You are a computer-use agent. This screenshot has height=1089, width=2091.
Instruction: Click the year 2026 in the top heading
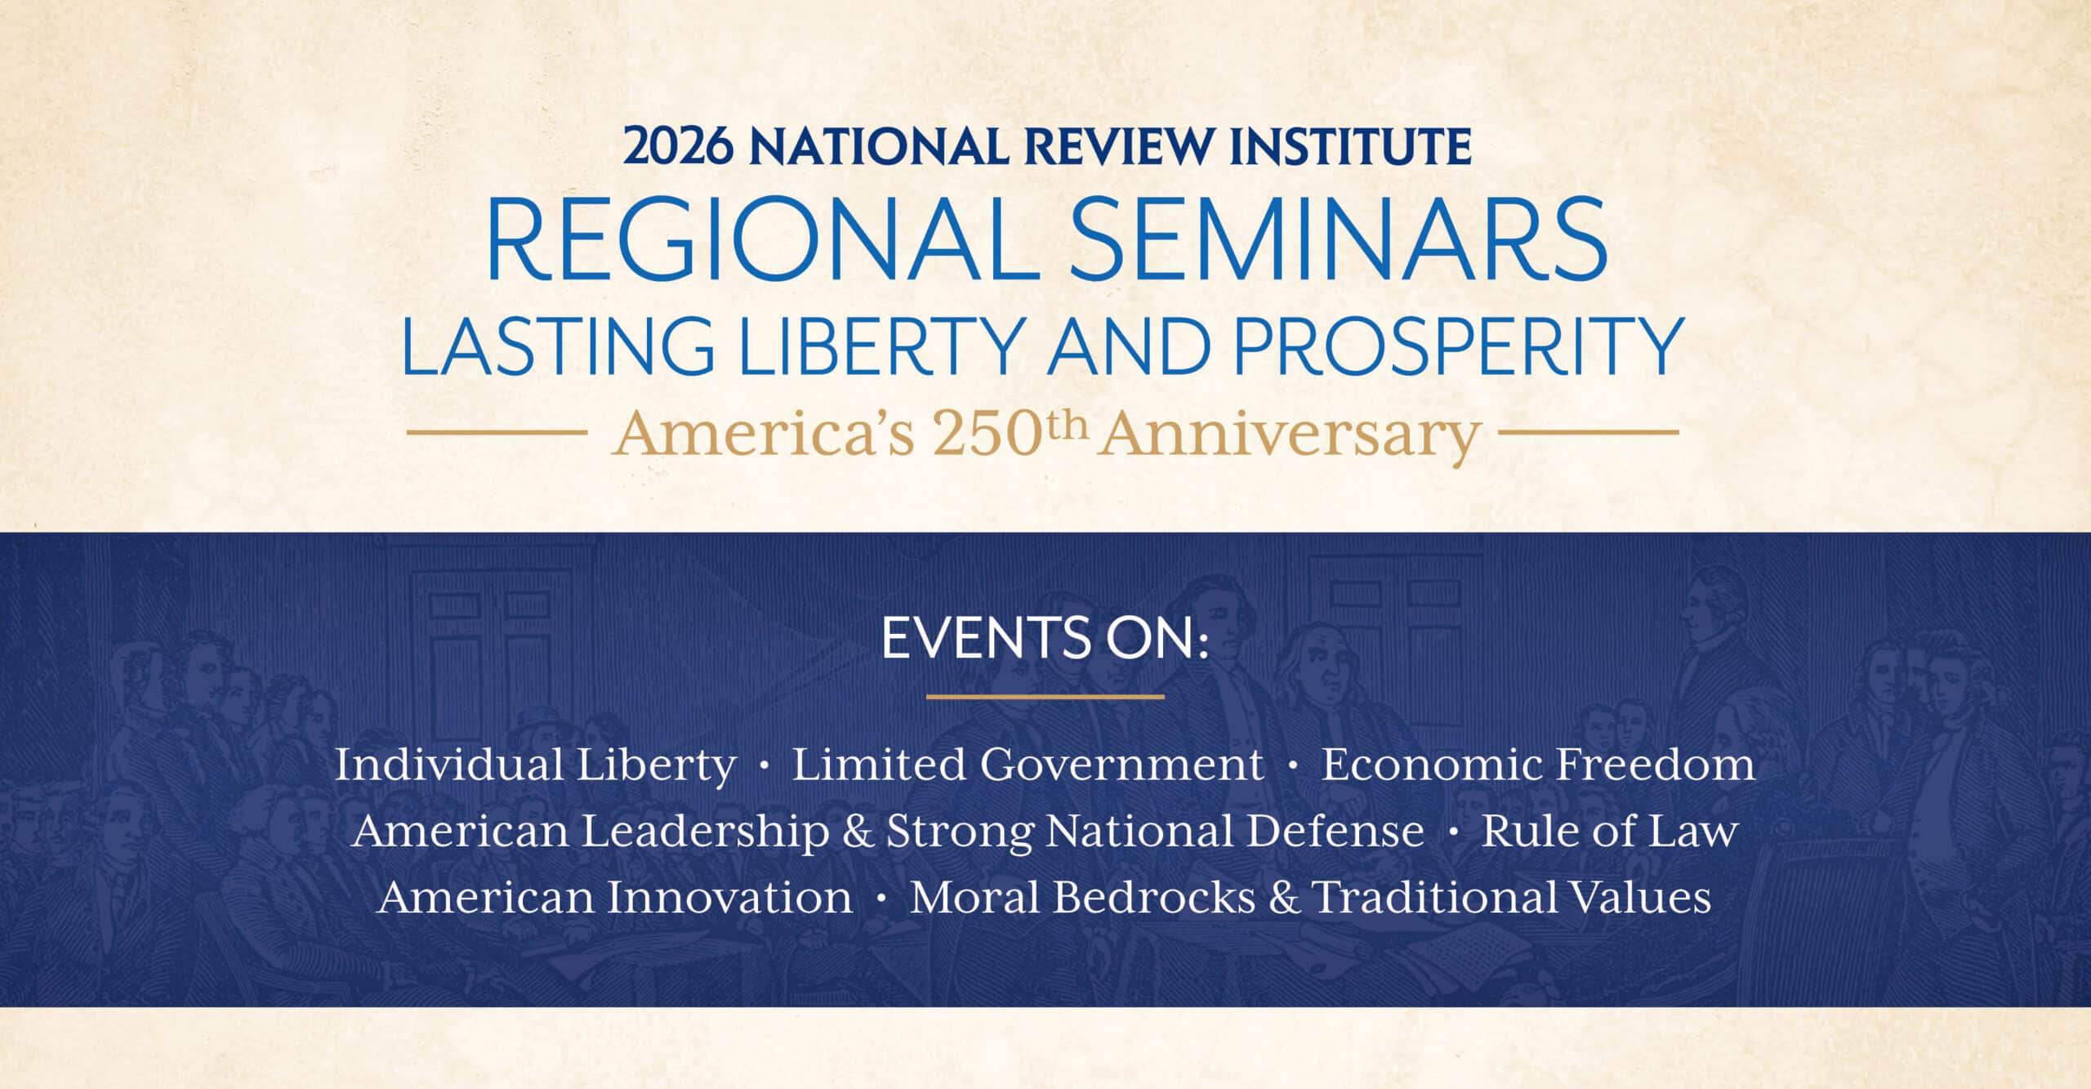(678, 146)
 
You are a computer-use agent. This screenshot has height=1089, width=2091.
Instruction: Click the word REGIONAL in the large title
(763, 240)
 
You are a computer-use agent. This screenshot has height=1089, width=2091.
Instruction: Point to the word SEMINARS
(1339, 240)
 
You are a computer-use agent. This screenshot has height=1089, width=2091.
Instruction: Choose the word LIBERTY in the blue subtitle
(883, 346)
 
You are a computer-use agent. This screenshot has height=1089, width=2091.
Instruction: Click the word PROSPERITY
(1460, 346)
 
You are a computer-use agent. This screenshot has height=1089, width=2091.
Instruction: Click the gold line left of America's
(497, 433)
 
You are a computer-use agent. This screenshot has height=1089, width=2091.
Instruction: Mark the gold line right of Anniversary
(1589, 433)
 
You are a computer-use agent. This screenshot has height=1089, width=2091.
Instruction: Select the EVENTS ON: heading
(1045, 638)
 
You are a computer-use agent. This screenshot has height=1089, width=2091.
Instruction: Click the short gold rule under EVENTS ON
(1045, 697)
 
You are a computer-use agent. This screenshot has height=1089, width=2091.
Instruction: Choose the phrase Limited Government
(1028, 765)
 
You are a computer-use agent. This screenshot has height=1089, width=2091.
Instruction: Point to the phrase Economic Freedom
(1538, 765)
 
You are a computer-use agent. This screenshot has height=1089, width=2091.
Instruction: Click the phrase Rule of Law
(1609, 831)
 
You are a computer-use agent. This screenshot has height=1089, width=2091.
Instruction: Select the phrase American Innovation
(616, 897)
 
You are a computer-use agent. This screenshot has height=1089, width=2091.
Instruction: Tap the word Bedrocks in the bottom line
(1153, 897)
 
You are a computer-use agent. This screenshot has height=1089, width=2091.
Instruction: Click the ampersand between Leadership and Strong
(858, 832)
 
